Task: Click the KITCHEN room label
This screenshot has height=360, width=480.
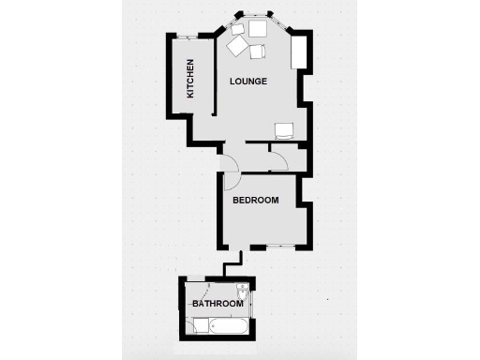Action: click(x=190, y=79)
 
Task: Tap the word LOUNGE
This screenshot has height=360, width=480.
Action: click(x=248, y=82)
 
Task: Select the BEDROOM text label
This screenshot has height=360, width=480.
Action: click(x=255, y=200)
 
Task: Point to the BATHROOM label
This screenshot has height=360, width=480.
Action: click(x=217, y=304)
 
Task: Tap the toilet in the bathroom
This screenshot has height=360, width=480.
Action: click(x=243, y=291)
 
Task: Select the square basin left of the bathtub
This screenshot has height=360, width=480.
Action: click(x=200, y=325)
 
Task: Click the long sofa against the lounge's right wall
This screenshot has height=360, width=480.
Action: click(x=300, y=52)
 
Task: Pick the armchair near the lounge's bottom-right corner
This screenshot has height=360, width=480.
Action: click(x=285, y=130)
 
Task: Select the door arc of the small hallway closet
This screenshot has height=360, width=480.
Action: click(x=278, y=160)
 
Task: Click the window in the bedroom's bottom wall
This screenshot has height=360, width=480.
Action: click(x=279, y=246)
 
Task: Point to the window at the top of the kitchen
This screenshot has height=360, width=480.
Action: click(x=192, y=37)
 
